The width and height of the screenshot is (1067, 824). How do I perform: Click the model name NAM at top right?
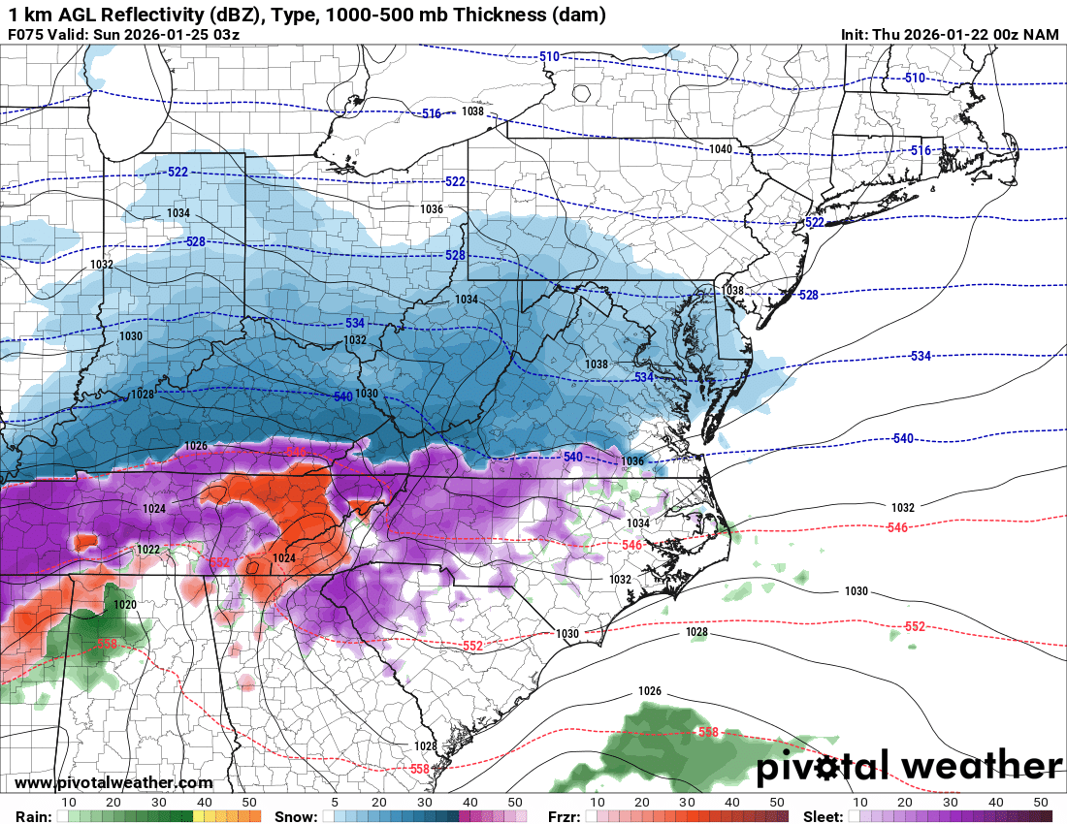coord(1042,35)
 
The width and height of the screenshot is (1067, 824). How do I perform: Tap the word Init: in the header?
coord(858,35)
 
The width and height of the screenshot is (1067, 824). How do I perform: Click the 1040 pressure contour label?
coord(720,148)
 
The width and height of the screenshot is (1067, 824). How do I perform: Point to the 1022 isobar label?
coord(147,550)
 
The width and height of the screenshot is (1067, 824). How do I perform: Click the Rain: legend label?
coord(34,817)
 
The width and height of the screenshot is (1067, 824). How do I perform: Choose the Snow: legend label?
coord(295,817)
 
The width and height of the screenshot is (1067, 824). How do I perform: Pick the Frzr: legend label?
coord(564,817)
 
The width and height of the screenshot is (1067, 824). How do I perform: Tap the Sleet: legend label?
coord(824,817)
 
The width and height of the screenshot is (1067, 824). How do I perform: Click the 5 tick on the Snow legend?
coord(335,803)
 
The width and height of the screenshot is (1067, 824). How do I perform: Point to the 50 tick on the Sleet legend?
coord(1041,803)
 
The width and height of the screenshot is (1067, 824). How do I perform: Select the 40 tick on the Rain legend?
coord(204,803)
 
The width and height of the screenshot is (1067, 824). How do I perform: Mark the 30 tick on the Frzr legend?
coord(687,803)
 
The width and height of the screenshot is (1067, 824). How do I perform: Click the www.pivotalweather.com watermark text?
coord(113,782)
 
